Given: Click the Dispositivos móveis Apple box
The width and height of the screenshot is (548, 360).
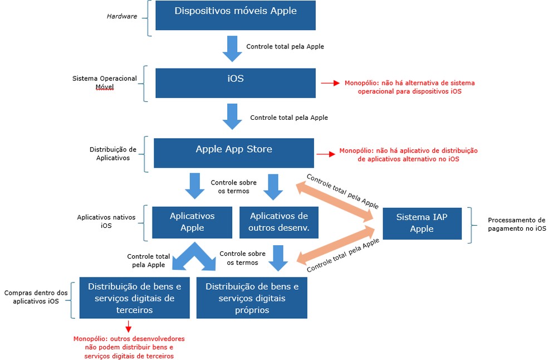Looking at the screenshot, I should click(x=236, y=15).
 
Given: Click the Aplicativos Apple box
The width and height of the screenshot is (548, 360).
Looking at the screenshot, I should click(x=192, y=222).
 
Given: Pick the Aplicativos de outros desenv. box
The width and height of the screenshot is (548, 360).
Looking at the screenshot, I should click(x=279, y=222).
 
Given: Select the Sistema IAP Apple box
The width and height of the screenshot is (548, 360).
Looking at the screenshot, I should click(x=422, y=223).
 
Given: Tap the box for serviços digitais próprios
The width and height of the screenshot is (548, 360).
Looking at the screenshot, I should click(x=252, y=298).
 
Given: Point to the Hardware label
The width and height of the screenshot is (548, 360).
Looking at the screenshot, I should click(x=122, y=17).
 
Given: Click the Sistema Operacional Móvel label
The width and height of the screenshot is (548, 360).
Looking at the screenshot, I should click(x=105, y=82).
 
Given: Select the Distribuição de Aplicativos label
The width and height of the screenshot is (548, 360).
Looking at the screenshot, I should click(x=113, y=153).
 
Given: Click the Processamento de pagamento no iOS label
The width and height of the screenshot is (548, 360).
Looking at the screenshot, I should click(x=516, y=224).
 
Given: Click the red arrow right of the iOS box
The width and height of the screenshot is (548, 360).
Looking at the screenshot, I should click(x=330, y=83).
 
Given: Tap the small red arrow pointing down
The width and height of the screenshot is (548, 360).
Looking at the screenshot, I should click(x=129, y=327).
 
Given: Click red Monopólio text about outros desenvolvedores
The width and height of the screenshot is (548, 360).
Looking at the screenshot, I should click(x=129, y=347).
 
